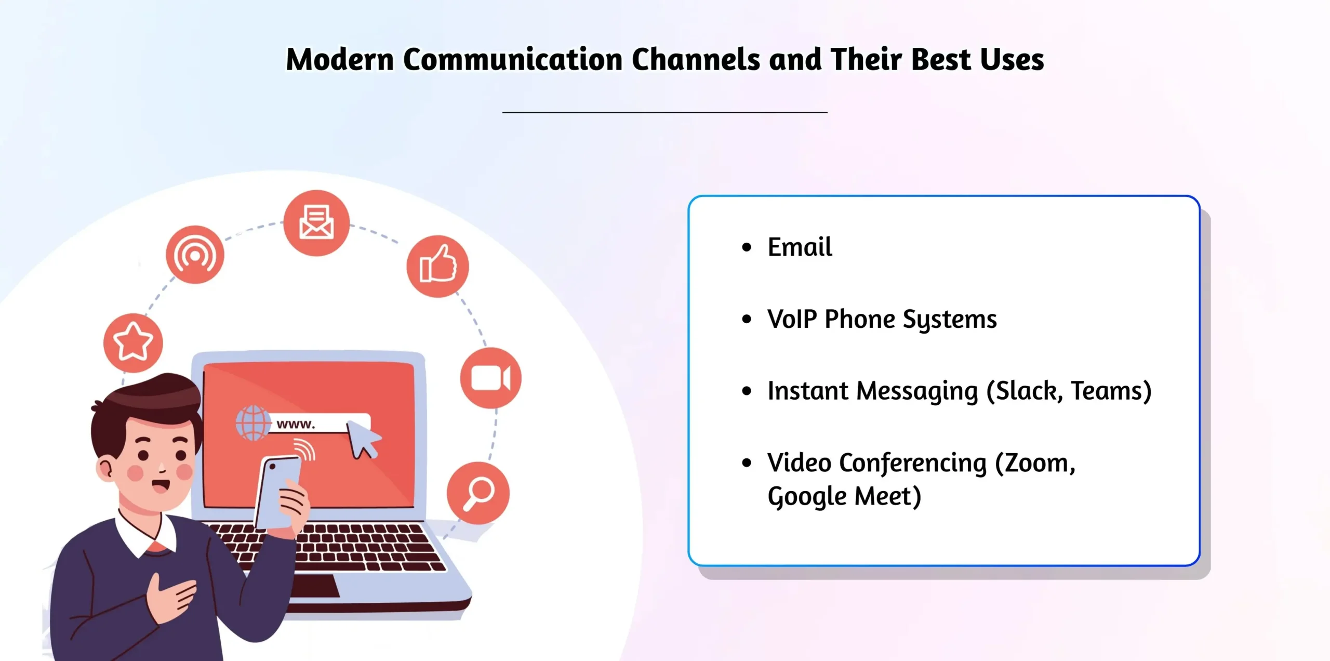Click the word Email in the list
click(x=800, y=247)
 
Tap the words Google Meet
click(x=844, y=496)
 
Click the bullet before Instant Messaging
click(x=747, y=391)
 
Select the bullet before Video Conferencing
click(x=747, y=462)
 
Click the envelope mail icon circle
click(x=316, y=223)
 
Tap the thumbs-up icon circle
click(x=437, y=266)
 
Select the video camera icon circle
click(x=490, y=378)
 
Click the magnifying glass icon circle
click(x=478, y=493)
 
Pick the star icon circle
click(x=133, y=342)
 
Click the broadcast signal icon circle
click(x=195, y=255)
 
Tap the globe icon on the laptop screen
click(x=253, y=423)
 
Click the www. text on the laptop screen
click(x=296, y=424)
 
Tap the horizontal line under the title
click(x=664, y=112)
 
